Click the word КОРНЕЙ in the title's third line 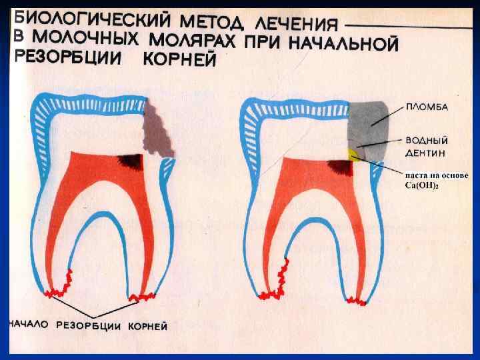[x=181, y=61]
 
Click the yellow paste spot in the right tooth [x=353, y=155]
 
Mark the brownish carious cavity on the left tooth [x=160, y=130]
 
